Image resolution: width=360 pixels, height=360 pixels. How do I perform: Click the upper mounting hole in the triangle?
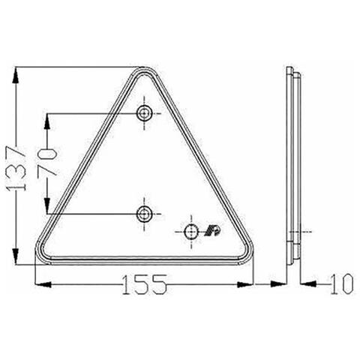[144, 113]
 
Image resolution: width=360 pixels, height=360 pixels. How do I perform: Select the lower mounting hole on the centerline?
[144, 214]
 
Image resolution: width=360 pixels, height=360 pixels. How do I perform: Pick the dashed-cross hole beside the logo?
[191, 230]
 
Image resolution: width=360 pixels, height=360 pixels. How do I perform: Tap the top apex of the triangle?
[144, 70]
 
